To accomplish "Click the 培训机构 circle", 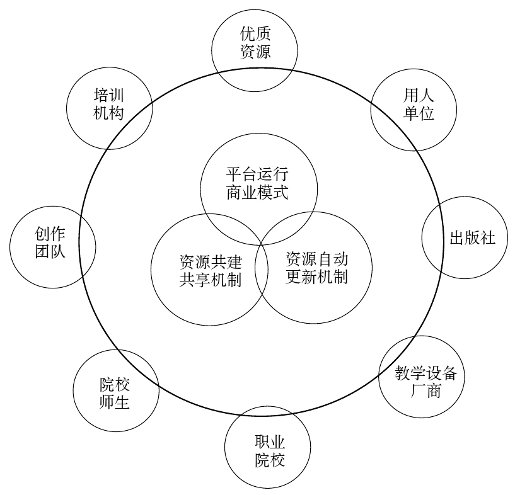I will coord(109,104).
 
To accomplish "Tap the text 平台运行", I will coord(258,174).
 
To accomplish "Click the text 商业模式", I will coord(258,192).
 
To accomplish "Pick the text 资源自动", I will coord(316,259).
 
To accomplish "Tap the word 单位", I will coord(419,113).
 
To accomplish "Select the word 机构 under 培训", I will coord(108,113).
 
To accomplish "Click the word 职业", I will coord(270,440).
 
